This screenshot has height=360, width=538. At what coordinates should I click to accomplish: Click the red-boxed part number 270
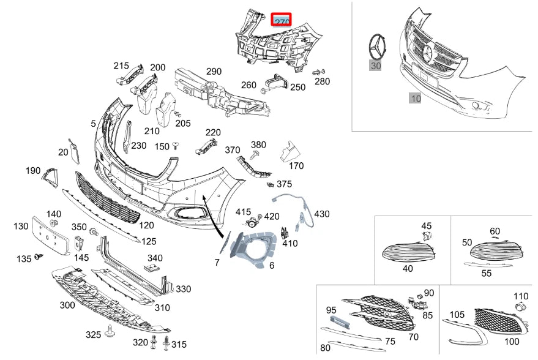[x=282, y=20]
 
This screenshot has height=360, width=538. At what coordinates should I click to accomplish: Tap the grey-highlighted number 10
[x=416, y=98]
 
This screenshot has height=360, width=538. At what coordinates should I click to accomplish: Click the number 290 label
[x=214, y=72]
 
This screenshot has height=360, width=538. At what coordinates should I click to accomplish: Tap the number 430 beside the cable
[x=321, y=214]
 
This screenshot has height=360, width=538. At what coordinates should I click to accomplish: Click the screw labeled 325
[x=111, y=331]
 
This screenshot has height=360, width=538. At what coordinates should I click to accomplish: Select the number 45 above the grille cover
[x=426, y=226]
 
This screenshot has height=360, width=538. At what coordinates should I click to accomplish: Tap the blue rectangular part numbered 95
[x=341, y=323]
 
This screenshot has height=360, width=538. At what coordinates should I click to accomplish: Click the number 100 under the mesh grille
[x=512, y=341]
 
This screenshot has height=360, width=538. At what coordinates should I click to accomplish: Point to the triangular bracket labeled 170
[x=290, y=151]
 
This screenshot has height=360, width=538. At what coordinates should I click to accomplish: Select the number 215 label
[x=121, y=66]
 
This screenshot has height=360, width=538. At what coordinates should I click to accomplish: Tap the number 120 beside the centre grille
[x=147, y=225]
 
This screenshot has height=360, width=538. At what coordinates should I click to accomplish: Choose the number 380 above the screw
[x=258, y=145]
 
